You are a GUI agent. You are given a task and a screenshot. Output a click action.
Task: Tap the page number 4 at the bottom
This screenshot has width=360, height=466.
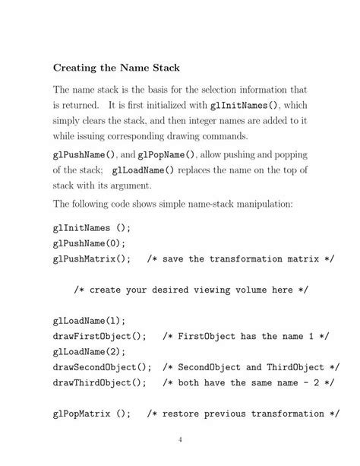180,439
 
